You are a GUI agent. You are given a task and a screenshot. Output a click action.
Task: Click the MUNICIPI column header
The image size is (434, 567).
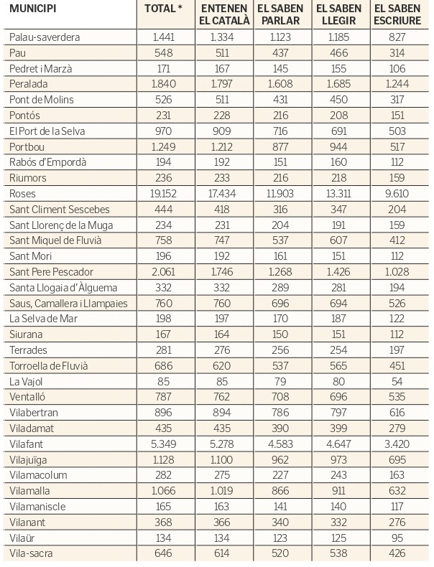tap(33, 9)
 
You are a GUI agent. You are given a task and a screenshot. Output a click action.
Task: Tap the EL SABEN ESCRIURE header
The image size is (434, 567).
tap(397, 14)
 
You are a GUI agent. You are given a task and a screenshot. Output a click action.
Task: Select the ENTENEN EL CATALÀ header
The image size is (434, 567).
tap(224, 14)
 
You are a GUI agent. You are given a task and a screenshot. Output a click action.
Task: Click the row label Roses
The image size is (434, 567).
tap(22, 194)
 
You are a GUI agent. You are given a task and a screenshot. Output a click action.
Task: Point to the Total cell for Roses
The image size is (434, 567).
tap(163, 194)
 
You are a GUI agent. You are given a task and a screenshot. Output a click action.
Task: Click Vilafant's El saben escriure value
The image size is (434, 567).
tap(397, 444)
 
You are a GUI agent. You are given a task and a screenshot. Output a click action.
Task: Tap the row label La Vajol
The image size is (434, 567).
tap(26, 382)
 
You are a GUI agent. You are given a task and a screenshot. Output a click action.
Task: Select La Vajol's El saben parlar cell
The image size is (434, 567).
tap(280, 382)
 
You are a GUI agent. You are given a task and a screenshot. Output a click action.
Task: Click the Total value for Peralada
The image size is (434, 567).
tap(164, 84)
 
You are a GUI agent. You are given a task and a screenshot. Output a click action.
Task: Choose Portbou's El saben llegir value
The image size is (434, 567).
tap(338, 147)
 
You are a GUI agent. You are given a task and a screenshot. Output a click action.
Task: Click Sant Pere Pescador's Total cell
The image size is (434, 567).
tap(163, 272)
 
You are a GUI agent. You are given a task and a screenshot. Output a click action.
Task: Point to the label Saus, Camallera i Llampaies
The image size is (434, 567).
tap(68, 304)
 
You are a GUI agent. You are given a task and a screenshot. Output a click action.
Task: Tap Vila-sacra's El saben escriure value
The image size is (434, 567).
tap(397, 553)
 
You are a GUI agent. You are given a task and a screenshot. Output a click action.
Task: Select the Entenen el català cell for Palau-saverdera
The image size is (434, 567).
tap(222, 37)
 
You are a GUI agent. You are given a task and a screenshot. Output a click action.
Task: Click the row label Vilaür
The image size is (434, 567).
tap(22, 538)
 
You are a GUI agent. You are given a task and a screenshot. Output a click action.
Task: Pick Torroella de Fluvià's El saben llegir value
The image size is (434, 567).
tap(338, 366)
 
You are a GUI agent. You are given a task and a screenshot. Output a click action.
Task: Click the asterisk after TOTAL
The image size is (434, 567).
tap(180, 8)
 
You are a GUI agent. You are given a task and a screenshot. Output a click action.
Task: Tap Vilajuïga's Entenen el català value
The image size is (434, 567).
tap(222, 460)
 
